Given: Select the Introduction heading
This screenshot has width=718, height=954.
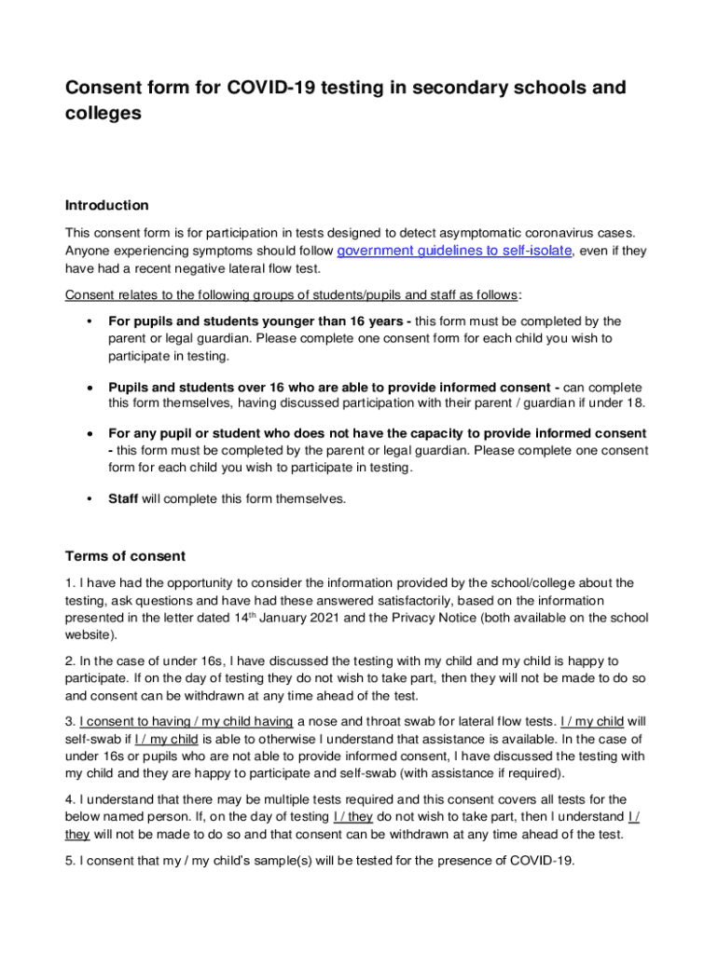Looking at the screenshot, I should (106, 205).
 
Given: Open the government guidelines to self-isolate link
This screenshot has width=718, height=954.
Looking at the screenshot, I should (452, 252).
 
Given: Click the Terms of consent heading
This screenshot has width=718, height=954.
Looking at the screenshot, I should (125, 556).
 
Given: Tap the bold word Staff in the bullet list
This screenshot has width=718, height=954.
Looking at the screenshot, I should (123, 498).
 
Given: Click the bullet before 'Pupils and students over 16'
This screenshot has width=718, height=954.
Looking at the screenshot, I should (89, 387).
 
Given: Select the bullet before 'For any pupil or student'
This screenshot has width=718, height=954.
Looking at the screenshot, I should (89, 434).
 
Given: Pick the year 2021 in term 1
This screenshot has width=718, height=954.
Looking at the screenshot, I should (357, 618).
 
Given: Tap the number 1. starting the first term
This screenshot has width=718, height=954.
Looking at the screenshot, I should (70, 583).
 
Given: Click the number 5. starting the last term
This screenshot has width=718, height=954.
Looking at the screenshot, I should (70, 861).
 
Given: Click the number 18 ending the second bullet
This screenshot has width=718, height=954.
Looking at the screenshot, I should (634, 402).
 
